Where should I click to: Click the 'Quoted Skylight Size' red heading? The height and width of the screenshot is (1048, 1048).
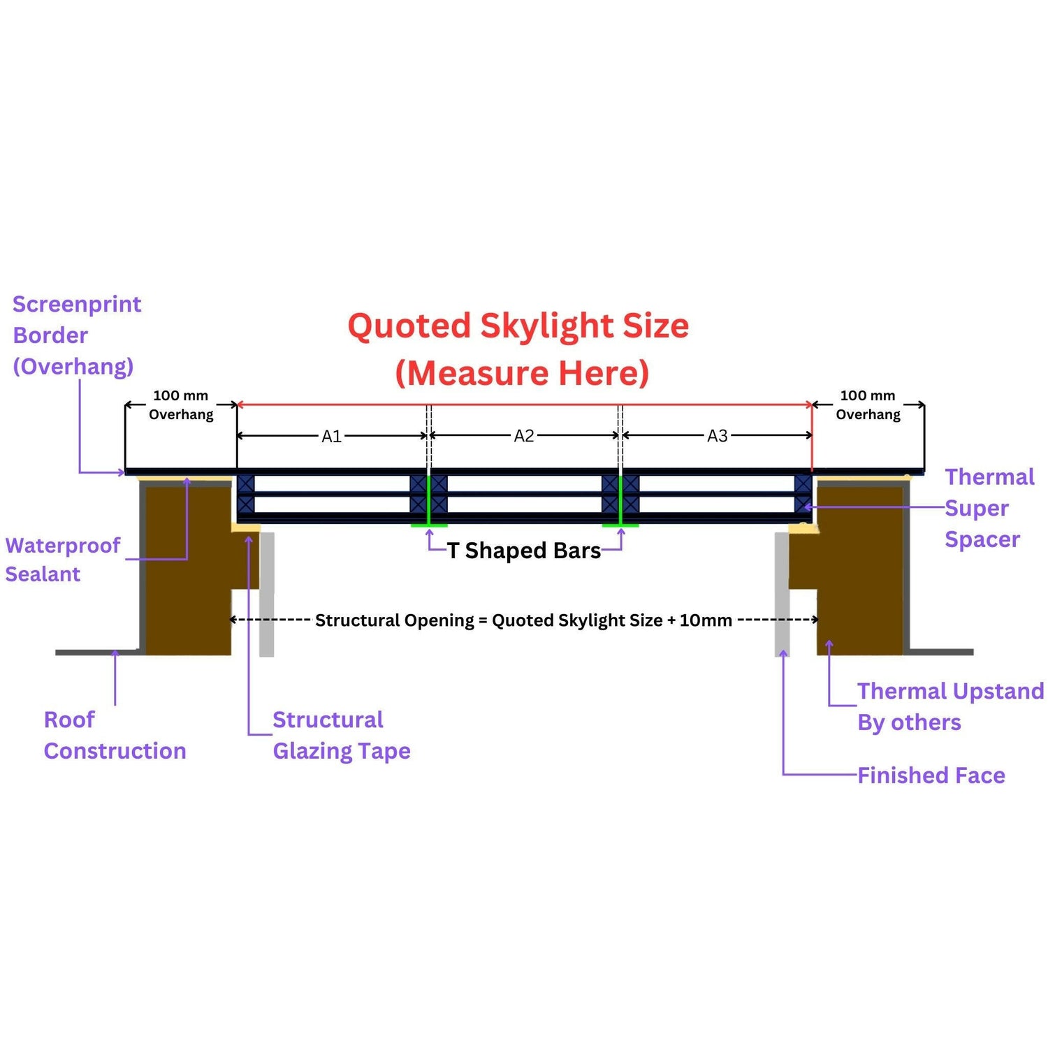[518, 326]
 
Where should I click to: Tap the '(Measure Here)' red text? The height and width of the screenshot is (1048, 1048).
[522, 373]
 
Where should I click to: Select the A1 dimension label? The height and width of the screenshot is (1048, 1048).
[331, 437]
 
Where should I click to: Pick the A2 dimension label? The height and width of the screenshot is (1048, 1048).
[524, 437]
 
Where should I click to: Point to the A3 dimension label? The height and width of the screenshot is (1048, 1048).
[718, 437]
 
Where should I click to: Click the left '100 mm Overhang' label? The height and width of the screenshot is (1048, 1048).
[181, 405]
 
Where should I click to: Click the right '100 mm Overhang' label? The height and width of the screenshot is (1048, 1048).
[868, 405]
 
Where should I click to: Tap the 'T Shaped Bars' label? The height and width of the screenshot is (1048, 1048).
[524, 551]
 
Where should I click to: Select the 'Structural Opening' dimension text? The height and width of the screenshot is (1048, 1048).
[523, 620]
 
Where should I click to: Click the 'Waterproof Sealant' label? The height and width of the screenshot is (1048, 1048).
[62, 560]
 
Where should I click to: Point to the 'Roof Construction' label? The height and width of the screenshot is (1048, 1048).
[115, 735]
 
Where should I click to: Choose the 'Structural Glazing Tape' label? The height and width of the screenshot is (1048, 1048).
[341, 735]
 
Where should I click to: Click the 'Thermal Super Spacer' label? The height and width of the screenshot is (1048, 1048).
[988, 508]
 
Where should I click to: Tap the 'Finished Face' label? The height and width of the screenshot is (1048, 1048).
[931, 776]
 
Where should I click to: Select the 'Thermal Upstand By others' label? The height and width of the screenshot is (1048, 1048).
[949, 706]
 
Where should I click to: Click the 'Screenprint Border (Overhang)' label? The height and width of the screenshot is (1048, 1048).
[76, 335]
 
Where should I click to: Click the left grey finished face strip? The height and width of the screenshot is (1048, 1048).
[267, 594]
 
